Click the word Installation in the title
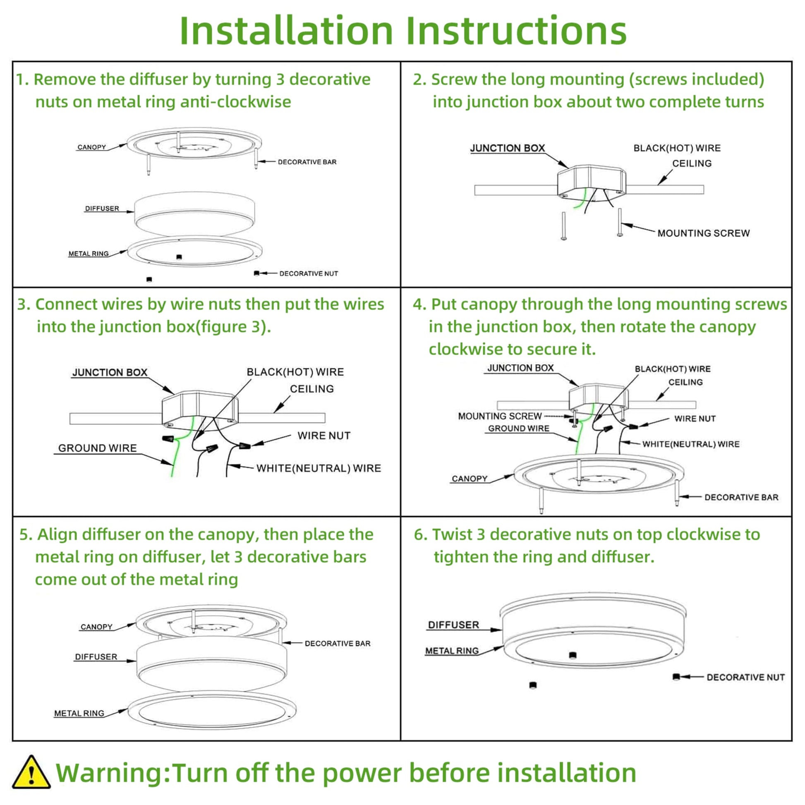click(x=286, y=31)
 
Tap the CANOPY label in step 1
click(x=92, y=147)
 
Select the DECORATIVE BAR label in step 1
click(x=307, y=162)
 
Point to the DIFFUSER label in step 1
click(x=102, y=208)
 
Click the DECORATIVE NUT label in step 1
click(x=308, y=274)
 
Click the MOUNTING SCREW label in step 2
click(x=703, y=233)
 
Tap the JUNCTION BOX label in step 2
click(x=508, y=148)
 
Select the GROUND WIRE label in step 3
click(x=98, y=448)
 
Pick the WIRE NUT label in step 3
click(x=324, y=436)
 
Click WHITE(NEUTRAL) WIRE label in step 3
click(x=319, y=468)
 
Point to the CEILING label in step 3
click(x=311, y=389)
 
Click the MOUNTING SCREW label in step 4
click(x=500, y=416)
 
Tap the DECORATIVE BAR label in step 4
click(x=741, y=497)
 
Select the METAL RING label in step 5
click(x=79, y=713)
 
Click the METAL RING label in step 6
click(x=452, y=651)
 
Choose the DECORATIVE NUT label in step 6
click(x=745, y=678)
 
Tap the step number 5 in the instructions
click(x=24, y=534)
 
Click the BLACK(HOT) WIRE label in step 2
click(x=677, y=148)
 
